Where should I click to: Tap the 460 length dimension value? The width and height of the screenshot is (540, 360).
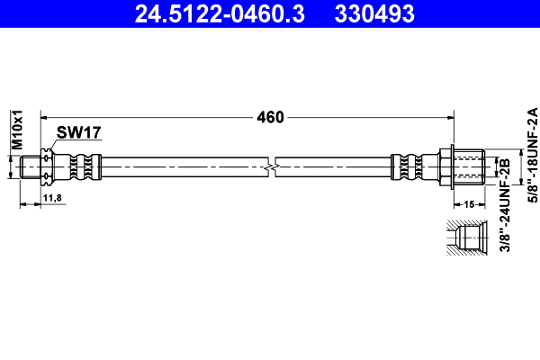[270, 117]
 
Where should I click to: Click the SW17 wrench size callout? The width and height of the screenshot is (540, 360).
[78, 132]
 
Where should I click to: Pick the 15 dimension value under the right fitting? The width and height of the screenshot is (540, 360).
[468, 205]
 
